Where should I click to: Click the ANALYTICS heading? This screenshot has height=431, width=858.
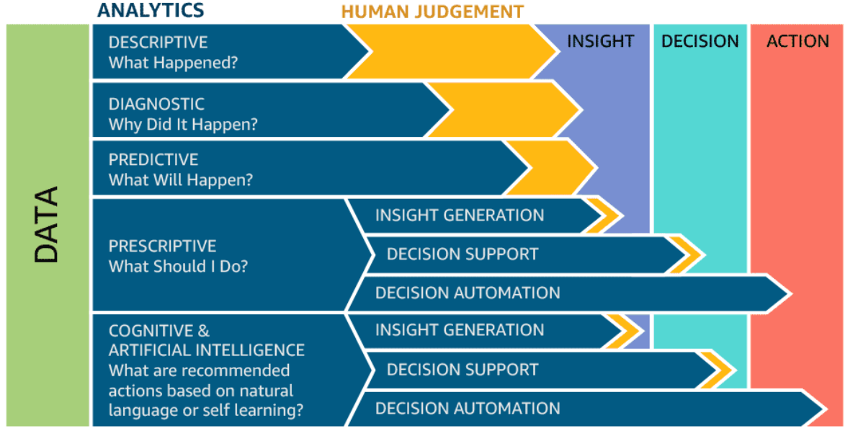(151, 10)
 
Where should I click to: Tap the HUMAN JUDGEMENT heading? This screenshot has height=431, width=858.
(432, 12)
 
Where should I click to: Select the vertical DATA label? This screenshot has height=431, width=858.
(47, 225)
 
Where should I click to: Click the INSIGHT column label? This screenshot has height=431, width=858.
(600, 41)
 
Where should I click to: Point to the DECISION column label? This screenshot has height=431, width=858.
(700, 41)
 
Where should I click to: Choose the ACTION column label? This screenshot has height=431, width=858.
(797, 41)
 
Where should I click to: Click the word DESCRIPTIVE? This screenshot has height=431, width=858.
(158, 42)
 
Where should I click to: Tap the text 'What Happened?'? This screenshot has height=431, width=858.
(173, 63)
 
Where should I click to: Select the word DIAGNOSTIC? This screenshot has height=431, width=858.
(156, 104)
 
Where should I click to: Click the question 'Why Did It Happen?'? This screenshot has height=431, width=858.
(183, 124)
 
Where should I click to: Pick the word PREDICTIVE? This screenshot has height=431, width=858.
(153, 159)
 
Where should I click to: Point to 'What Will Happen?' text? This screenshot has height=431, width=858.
(180, 179)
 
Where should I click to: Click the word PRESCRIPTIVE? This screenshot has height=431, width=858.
(162, 246)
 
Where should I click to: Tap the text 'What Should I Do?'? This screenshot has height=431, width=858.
(178, 266)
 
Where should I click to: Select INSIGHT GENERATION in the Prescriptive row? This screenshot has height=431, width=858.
(460, 215)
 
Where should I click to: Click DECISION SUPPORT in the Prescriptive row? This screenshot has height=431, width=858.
(462, 254)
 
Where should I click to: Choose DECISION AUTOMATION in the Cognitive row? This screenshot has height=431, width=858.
(468, 409)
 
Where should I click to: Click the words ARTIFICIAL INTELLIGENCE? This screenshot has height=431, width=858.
(207, 350)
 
